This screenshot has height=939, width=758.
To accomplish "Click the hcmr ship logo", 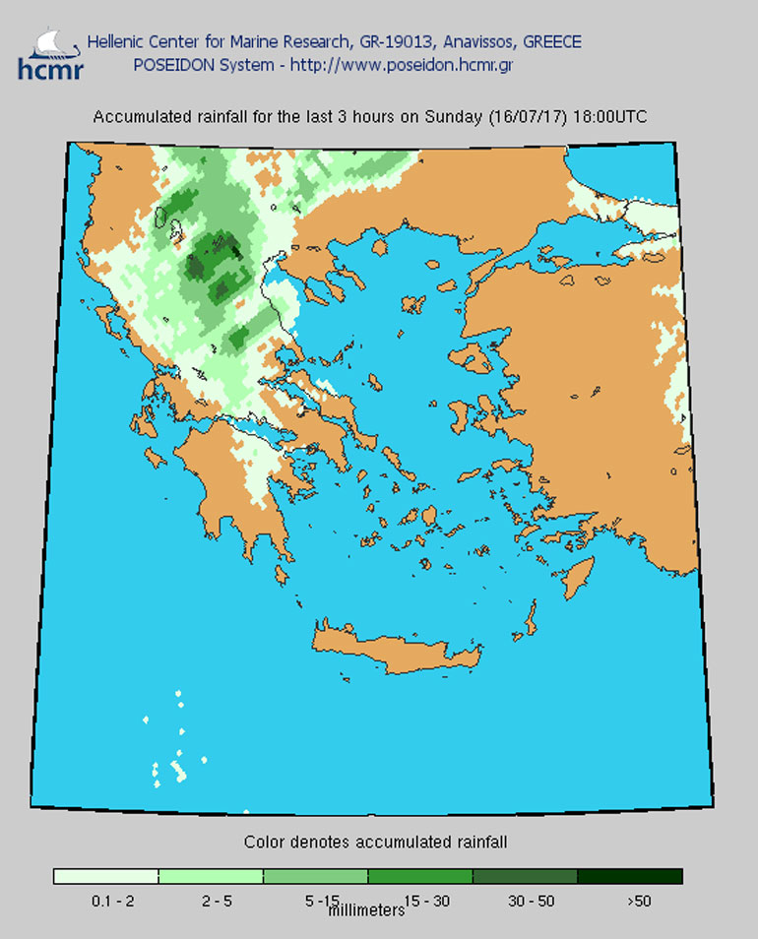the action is coord(49,54).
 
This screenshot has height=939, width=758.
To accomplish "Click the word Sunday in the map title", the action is coord(454,117).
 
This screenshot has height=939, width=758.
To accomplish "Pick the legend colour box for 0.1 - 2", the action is coord(106,876).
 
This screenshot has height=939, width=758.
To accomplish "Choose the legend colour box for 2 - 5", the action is coord(211,876).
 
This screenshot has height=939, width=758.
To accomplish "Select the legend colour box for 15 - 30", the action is coord(419,876).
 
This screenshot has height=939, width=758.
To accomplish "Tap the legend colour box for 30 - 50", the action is coord(525,876).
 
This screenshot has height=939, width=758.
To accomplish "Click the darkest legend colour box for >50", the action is coord(629,876).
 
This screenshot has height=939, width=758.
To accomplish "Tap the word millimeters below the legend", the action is coord(365,910).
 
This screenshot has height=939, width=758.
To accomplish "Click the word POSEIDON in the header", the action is coord(170,66).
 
